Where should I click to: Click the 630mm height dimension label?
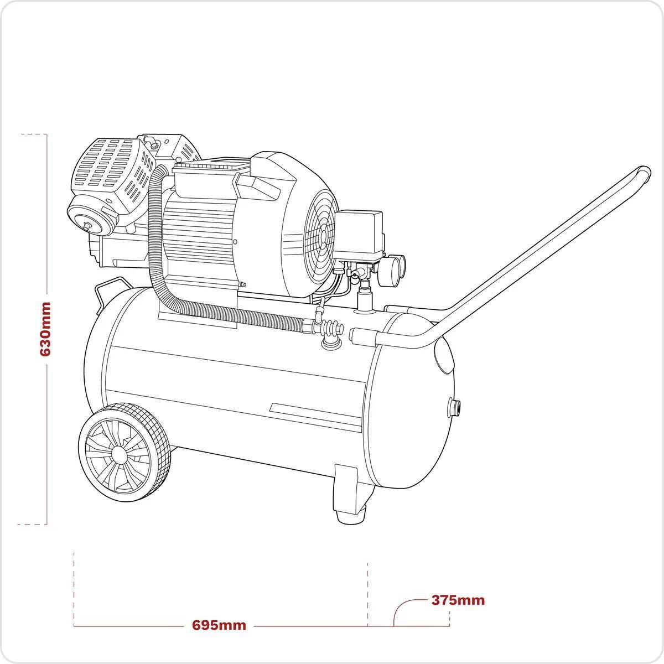click(45, 329)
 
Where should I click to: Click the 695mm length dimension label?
click(219, 626)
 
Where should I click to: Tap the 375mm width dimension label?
click(458, 600)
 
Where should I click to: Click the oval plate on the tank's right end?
click(444, 355)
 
